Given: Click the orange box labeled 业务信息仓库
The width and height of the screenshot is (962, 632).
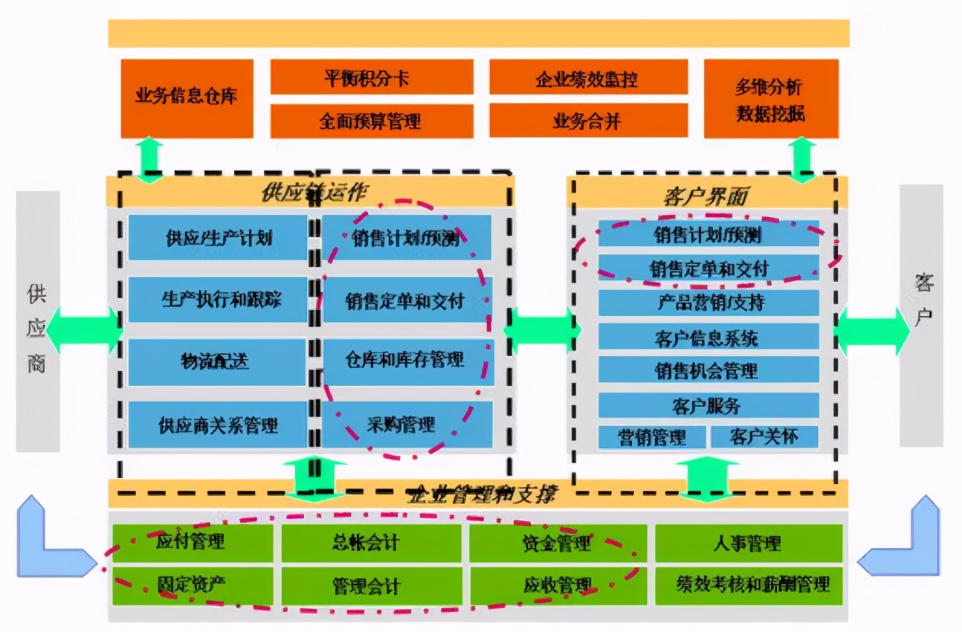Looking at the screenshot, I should click(x=186, y=98).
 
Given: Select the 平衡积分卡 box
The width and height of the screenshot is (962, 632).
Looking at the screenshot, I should click(x=371, y=77).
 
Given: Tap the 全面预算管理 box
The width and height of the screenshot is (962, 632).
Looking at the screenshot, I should click(x=371, y=121).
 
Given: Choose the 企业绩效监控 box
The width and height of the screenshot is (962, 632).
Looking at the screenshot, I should click(x=587, y=77).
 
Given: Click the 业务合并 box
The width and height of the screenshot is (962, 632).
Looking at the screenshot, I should click(x=587, y=121).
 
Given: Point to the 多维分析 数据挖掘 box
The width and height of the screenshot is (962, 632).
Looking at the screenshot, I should click(x=770, y=99).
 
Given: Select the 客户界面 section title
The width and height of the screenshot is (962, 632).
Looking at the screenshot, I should click(x=705, y=196).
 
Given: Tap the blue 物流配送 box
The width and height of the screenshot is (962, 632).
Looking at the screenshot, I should click(x=216, y=362).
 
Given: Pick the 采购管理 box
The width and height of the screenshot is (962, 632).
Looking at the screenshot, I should click(x=407, y=425).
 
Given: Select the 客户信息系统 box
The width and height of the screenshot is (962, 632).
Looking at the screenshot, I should click(x=708, y=338).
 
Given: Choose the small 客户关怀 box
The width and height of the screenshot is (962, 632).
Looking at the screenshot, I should click(x=764, y=436).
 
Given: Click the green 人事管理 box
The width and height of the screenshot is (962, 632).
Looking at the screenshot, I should click(x=748, y=543).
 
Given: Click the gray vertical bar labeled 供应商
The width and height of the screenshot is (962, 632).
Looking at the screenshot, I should click(x=38, y=321).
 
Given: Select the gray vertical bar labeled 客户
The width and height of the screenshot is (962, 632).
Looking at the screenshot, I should click(x=921, y=316).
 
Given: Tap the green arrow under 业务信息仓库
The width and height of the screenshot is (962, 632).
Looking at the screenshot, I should click(x=150, y=160).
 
